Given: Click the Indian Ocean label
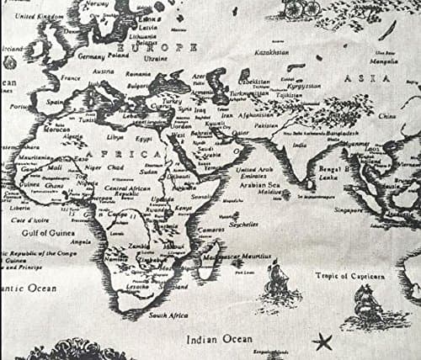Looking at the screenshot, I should (x=217, y=339).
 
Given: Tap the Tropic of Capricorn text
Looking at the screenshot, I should (x=350, y=275).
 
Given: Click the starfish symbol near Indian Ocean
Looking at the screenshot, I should (x=322, y=342).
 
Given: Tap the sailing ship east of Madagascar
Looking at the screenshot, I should (x=277, y=280).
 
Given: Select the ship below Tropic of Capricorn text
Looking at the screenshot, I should (x=367, y=304).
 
